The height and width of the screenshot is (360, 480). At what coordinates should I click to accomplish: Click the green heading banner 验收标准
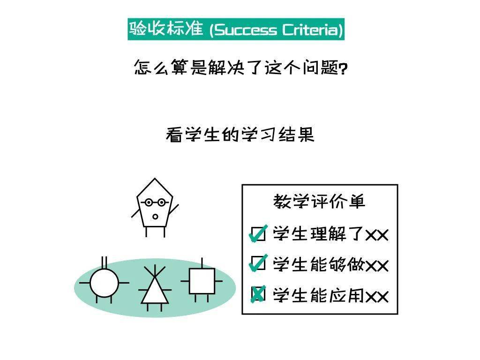click(236, 29)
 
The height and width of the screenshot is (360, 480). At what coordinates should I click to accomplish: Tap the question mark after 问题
click(344, 68)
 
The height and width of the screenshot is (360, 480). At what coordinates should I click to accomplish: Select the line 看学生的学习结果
click(240, 135)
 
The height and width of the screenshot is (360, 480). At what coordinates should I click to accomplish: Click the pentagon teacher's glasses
click(155, 202)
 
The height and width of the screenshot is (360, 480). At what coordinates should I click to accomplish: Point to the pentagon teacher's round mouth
click(155, 217)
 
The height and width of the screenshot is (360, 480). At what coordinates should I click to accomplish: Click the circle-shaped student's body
click(104, 283)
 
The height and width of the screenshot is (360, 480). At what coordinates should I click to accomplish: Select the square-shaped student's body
click(202, 281)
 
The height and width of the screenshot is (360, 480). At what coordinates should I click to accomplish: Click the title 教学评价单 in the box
click(319, 202)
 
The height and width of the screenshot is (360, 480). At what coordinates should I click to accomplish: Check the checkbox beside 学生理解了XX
click(258, 234)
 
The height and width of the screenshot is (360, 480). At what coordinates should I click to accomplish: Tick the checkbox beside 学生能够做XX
click(258, 263)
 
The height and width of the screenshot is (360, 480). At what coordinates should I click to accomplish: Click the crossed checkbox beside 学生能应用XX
click(258, 294)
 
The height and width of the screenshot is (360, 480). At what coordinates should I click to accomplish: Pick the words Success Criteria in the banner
click(276, 30)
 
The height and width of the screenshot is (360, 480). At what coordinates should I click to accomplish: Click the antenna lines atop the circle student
click(105, 262)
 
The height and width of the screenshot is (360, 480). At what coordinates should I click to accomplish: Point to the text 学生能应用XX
click(330, 296)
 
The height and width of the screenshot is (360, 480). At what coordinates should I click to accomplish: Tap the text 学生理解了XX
click(330, 234)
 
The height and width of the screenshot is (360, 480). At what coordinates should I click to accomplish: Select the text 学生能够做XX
click(330, 264)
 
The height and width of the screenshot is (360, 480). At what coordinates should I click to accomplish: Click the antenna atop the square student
click(202, 263)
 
